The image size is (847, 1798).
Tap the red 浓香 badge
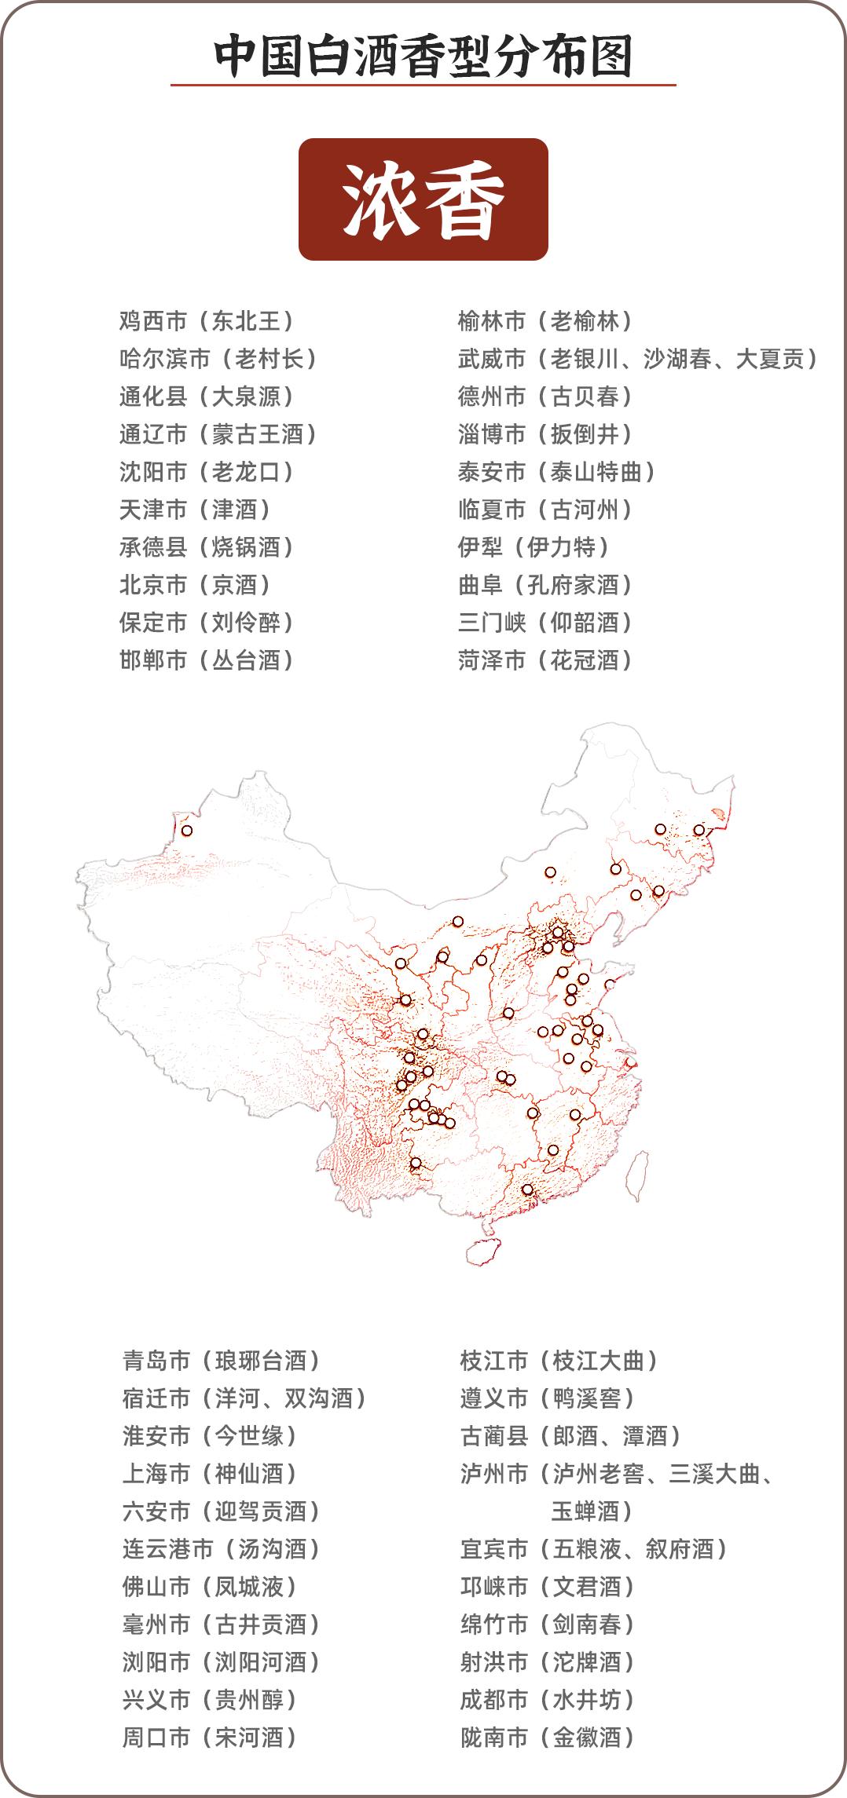click(x=423, y=199)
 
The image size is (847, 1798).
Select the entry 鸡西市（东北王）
click(x=207, y=321)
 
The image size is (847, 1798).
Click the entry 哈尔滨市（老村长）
click(x=218, y=359)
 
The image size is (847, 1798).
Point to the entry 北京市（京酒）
click(x=196, y=585)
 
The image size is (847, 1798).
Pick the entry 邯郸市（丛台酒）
click(x=207, y=660)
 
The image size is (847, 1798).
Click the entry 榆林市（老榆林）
click(x=546, y=321)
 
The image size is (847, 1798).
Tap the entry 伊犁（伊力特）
click(x=534, y=547)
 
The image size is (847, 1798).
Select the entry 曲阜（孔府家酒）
click(x=546, y=585)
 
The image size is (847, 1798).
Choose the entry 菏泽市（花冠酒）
click(x=546, y=660)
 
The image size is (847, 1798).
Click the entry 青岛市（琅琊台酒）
click(x=222, y=1361)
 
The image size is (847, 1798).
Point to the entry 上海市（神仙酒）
click(x=211, y=1474)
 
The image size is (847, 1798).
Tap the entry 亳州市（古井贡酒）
click(x=222, y=1624)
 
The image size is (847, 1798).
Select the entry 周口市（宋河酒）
click(x=211, y=1738)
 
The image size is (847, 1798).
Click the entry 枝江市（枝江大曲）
click(x=559, y=1361)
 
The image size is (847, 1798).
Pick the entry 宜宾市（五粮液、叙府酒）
click(x=595, y=1549)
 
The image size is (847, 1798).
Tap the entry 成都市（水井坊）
click(x=548, y=1700)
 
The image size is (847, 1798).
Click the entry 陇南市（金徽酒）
click(x=548, y=1738)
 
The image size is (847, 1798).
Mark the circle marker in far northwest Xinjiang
click(x=187, y=830)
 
